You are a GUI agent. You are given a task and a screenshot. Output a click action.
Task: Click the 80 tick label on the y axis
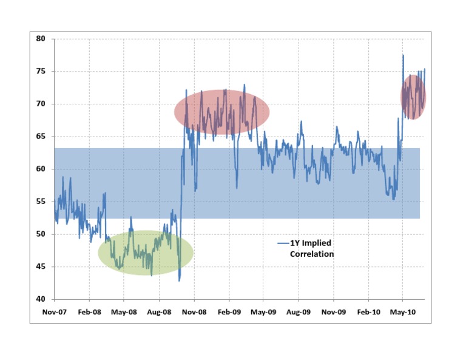[x=41, y=39]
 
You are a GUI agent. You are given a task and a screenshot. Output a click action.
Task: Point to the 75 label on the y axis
[x=41, y=72]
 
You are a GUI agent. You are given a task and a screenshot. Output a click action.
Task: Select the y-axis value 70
[x=41, y=104]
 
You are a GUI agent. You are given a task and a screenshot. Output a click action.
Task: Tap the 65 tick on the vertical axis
[x=41, y=137]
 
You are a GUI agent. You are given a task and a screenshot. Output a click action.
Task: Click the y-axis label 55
[x=41, y=202]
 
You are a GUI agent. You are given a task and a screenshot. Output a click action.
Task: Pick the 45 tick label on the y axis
[x=41, y=267]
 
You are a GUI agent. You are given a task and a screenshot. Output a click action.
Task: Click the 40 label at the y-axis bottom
[x=41, y=299]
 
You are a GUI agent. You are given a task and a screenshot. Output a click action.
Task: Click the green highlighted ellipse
[x=146, y=253]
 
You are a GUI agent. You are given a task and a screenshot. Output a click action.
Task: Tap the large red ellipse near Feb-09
[x=221, y=112]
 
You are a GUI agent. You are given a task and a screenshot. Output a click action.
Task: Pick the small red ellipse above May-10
[x=413, y=97]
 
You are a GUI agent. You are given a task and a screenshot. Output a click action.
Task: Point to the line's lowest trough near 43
[x=179, y=280]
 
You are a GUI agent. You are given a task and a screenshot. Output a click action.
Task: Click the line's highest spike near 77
[x=403, y=55]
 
